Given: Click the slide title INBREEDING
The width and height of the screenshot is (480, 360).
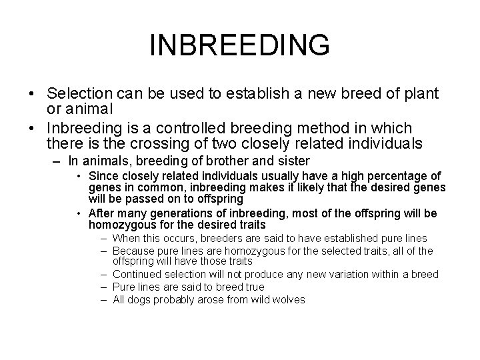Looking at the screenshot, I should coord(240,46).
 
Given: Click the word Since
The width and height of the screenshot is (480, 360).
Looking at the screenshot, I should coord(100,175).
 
